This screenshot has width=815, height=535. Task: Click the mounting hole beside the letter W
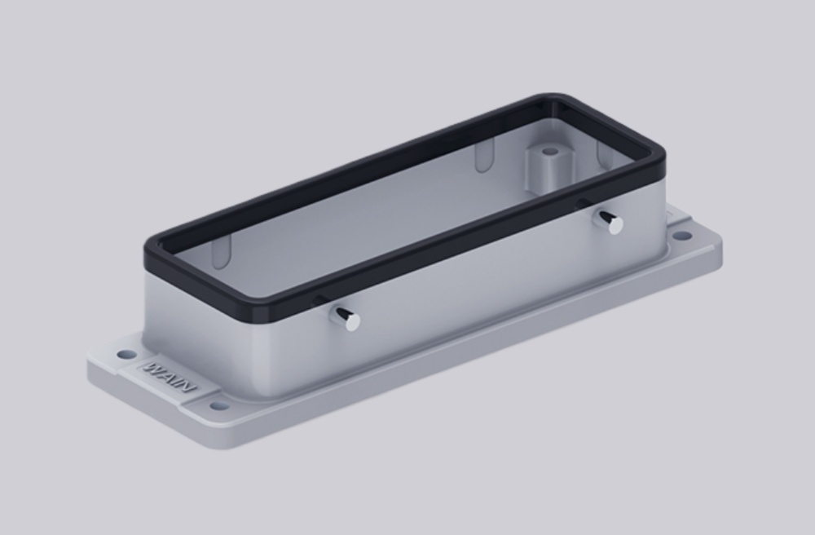[126, 355]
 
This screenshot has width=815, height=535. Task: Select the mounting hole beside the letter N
[218, 405]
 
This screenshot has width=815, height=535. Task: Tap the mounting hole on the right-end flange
[682, 236]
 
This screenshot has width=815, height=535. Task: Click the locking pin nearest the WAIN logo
[346, 319]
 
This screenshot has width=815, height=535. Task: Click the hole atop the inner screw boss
[550, 152]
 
